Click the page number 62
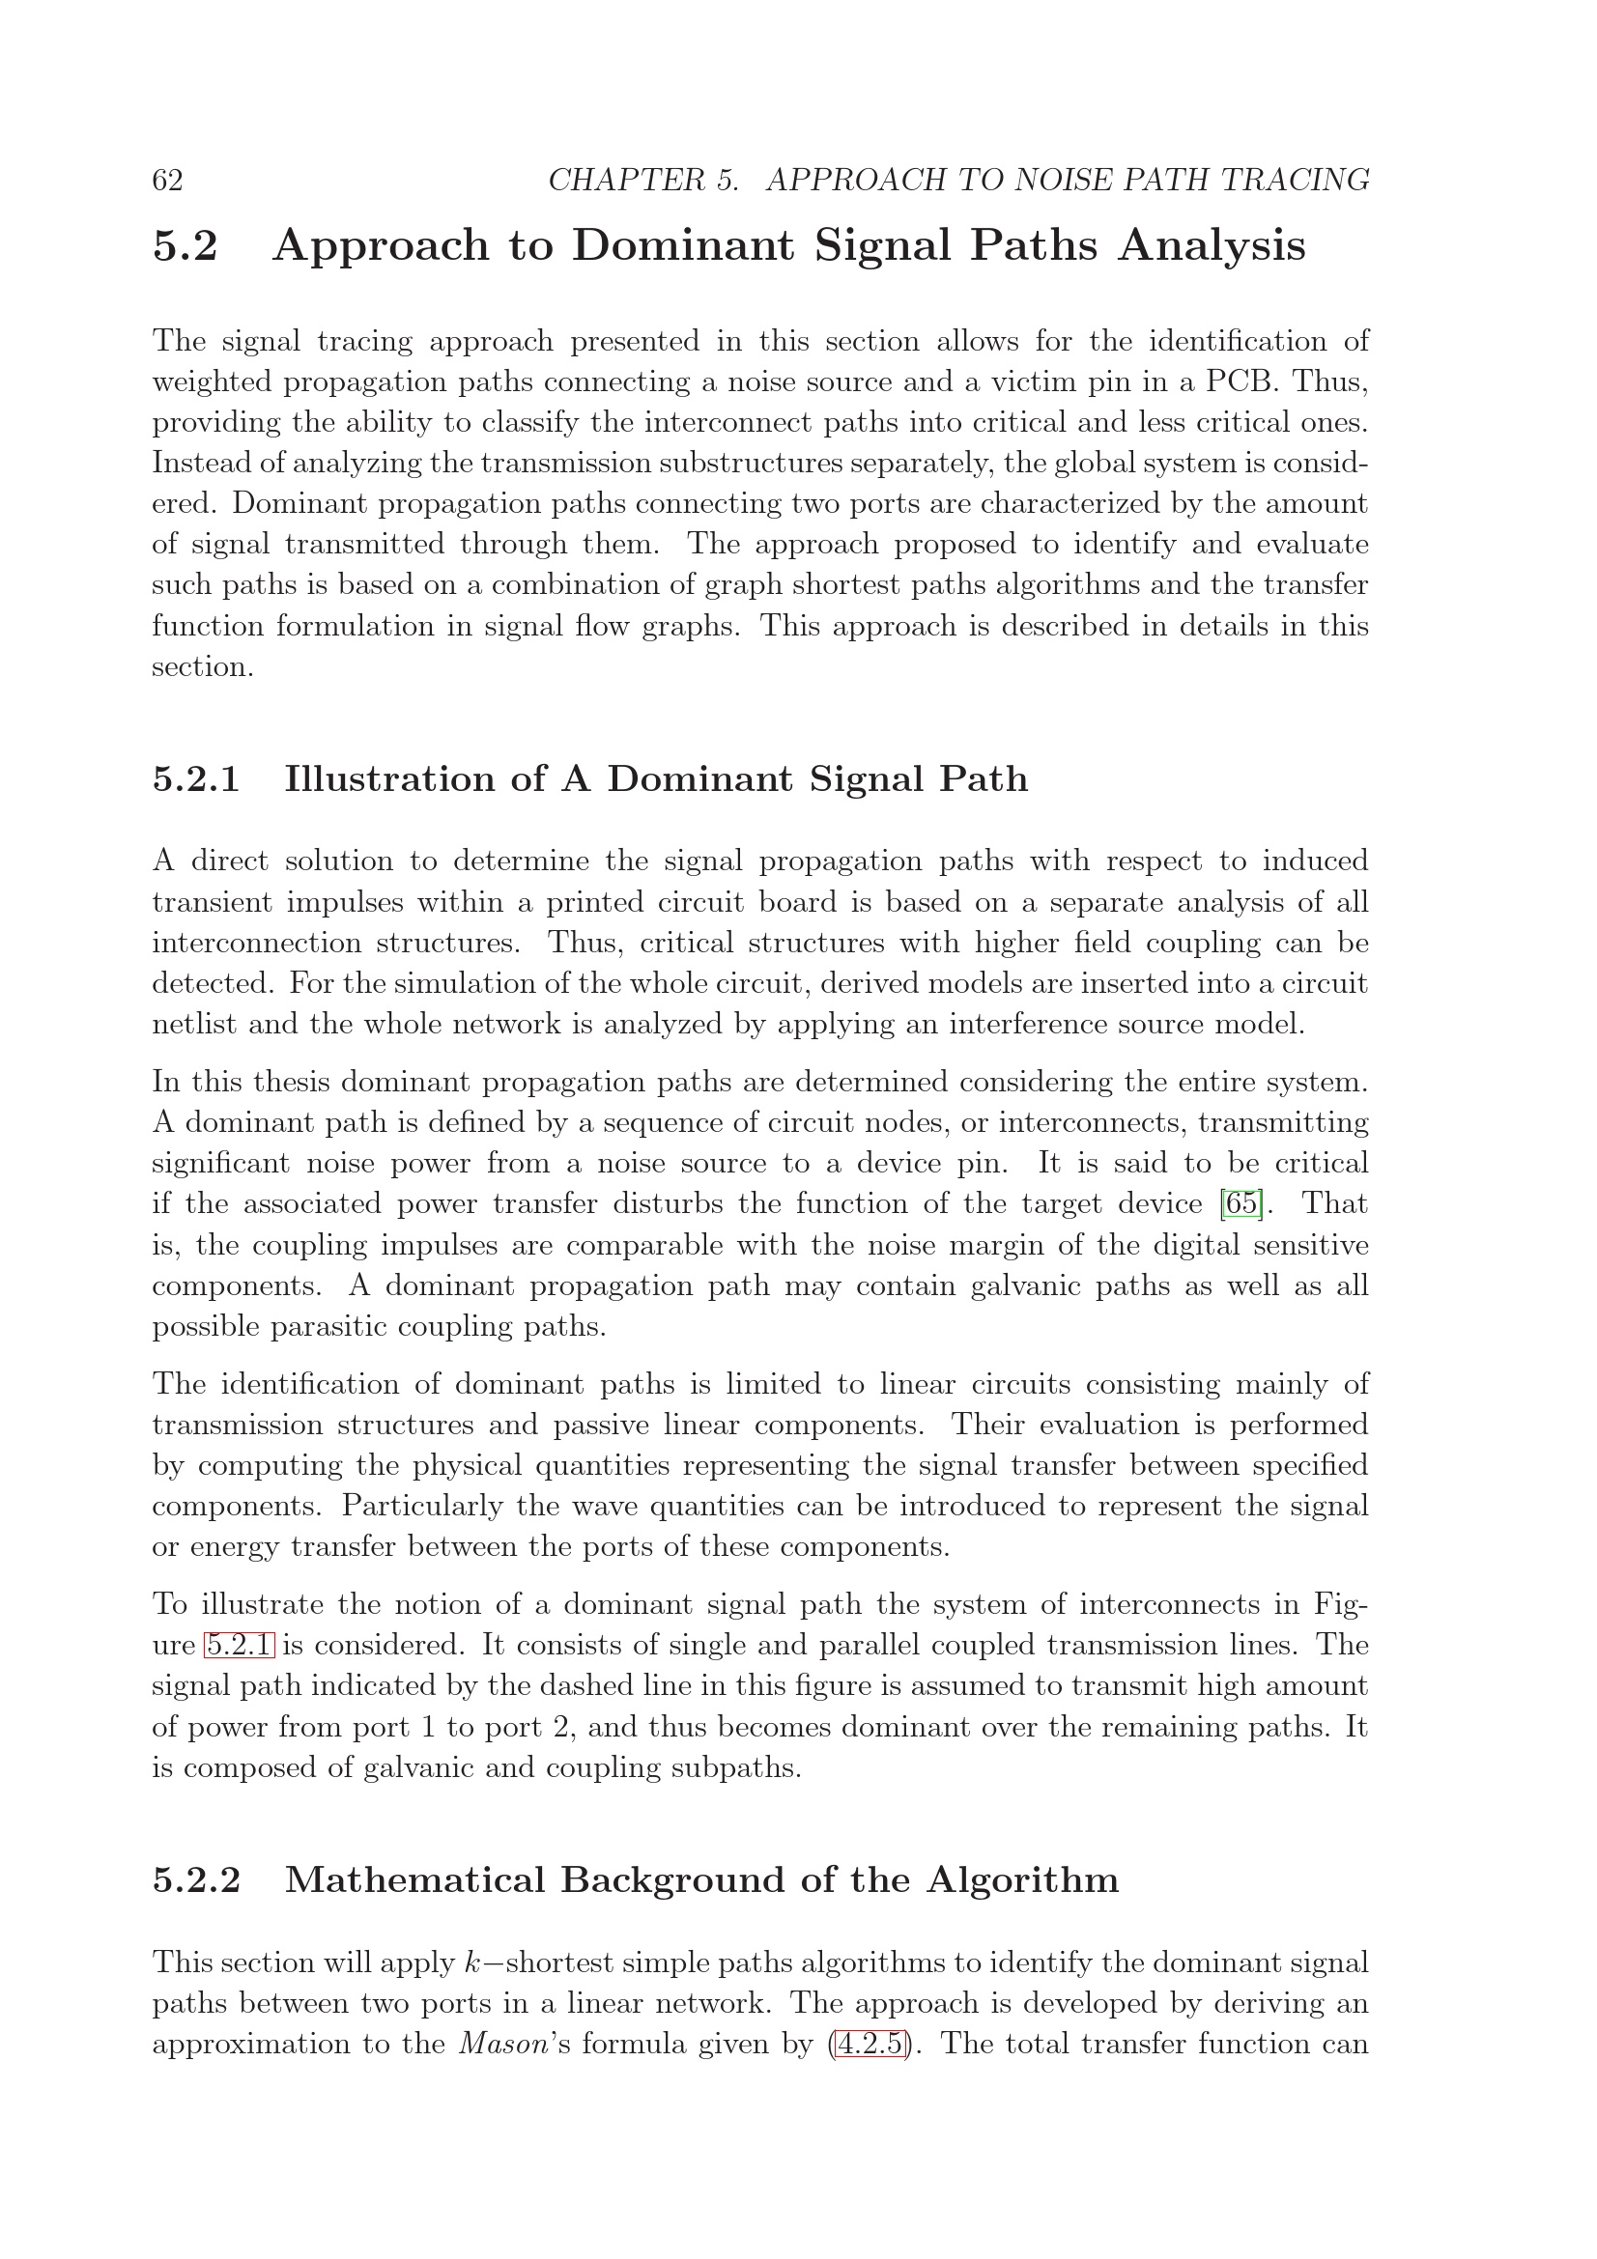point(167,180)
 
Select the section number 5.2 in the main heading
point(185,245)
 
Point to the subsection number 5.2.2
point(196,1880)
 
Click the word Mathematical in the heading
point(414,1880)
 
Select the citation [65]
point(1240,1204)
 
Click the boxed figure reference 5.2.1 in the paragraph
point(239,1645)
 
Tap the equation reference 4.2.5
point(869,2045)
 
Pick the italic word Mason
point(494,2045)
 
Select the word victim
point(1033,381)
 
